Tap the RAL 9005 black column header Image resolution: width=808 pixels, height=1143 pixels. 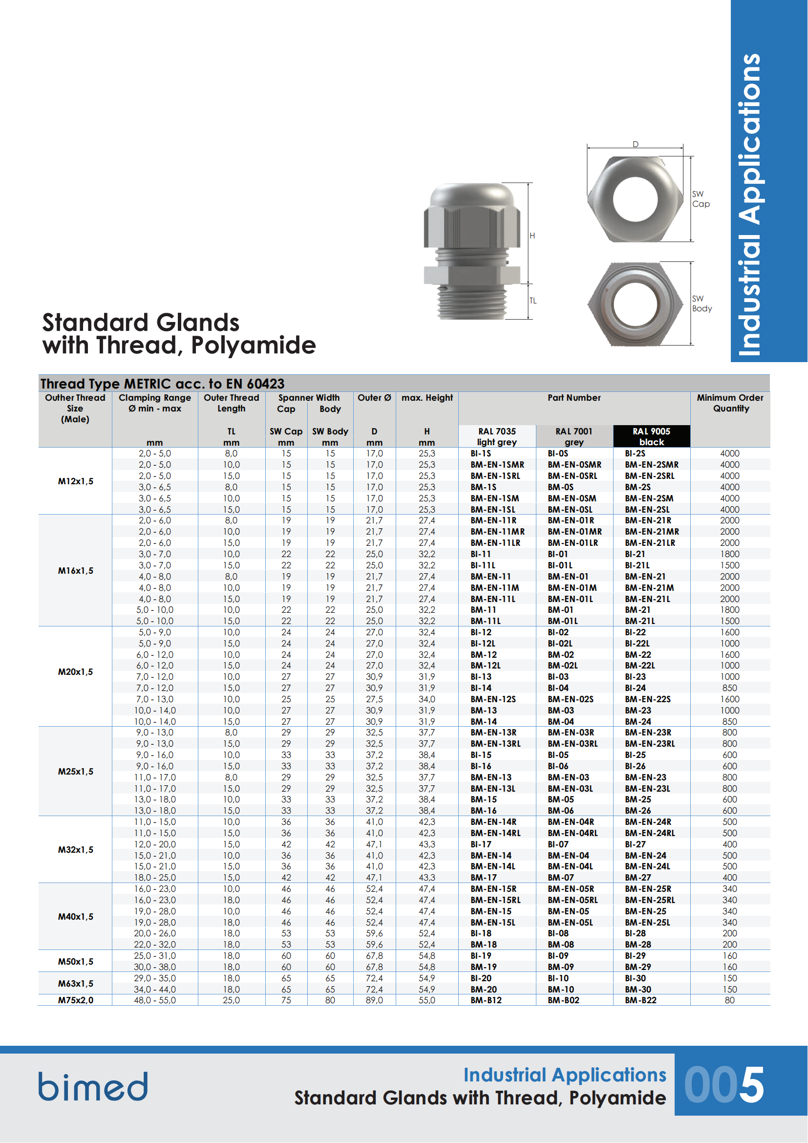(651, 436)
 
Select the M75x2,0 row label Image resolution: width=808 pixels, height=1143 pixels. (75, 1000)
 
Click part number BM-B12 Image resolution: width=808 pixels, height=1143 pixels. (486, 1000)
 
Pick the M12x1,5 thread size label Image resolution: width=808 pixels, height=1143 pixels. (75, 481)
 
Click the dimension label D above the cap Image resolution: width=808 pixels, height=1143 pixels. (636, 144)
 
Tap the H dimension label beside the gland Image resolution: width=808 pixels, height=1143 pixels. (532, 236)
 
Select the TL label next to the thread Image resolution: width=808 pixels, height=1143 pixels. (533, 301)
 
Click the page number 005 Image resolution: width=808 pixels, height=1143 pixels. (724, 1085)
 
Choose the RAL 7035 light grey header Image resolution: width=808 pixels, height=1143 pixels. (496, 436)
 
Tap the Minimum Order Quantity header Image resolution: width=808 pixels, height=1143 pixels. (730, 403)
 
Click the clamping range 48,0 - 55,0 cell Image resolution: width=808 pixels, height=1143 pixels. (155, 1000)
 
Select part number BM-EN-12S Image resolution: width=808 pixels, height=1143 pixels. (493, 699)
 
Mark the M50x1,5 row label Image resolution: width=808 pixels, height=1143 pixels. (75, 961)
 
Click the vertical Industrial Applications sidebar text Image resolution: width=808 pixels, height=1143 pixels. (749, 204)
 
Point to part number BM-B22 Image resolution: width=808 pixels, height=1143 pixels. (641, 1000)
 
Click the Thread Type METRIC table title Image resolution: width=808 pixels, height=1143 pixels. (163, 383)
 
